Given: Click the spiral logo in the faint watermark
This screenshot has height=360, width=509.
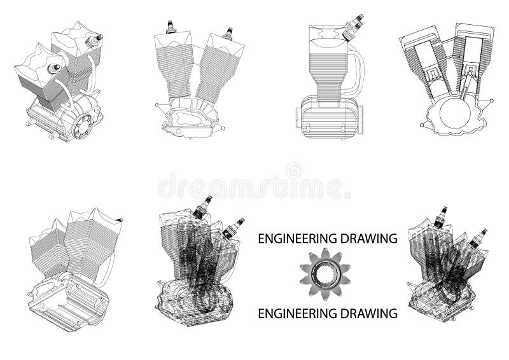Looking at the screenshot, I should pyautogui.click(x=294, y=171).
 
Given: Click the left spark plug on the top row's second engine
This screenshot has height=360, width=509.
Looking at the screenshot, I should pyautogui.click(x=170, y=27).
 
